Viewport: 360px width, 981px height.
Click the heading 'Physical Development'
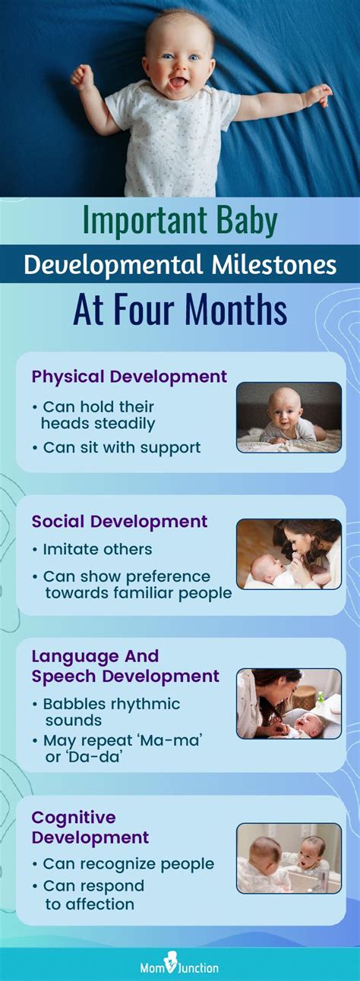tap(129, 376)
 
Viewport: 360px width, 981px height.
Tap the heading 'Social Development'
tap(119, 521)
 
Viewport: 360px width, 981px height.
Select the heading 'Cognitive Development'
tap(90, 828)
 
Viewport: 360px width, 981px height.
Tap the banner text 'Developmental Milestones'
tap(180, 263)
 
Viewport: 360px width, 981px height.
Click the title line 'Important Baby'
tap(180, 221)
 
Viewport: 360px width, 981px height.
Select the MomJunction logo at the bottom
tap(180, 967)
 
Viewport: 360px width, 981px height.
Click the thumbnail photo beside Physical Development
tap(289, 417)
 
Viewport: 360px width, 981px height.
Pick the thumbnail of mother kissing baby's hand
tap(289, 554)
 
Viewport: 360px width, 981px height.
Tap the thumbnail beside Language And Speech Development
tap(289, 704)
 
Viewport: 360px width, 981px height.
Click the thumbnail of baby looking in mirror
tap(289, 858)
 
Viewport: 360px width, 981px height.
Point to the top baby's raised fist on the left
tap(81, 76)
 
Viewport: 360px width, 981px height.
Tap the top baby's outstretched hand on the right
tap(317, 95)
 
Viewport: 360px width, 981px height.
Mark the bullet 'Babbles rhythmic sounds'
tap(111, 711)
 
